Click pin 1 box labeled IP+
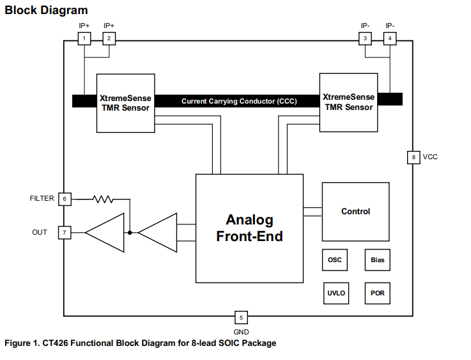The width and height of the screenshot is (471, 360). click(x=84, y=39)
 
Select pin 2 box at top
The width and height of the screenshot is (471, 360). click(x=109, y=39)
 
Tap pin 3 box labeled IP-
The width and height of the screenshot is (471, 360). click(x=365, y=39)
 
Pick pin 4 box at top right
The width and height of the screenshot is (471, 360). click(x=390, y=39)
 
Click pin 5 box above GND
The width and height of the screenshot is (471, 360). click(x=241, y=317)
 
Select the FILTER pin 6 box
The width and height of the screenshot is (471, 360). click(x=64, y=199)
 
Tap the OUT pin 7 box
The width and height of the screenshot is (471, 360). click(x=64, y=232)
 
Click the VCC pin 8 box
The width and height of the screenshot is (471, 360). click(x=413, y=157)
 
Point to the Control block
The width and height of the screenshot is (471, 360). click(x=355, y=212)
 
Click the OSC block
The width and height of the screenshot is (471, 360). click(x=334, y=260)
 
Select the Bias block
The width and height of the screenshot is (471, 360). click(x=377, y=260)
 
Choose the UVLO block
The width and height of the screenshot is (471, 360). click(x=336, y=293)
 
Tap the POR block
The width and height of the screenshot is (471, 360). click(x=377, y=293)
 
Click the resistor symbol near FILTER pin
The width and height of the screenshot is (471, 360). click(x=103, y=199)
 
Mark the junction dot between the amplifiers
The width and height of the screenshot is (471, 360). click(x=130, y=232)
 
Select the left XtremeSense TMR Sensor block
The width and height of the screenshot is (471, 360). click(x=125, y=103)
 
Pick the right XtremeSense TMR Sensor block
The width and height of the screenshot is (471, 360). click(x=348, y=102)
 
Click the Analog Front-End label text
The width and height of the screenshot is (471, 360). click(x=249, y=228)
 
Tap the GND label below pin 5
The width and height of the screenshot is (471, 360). click(x=241, y=332)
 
